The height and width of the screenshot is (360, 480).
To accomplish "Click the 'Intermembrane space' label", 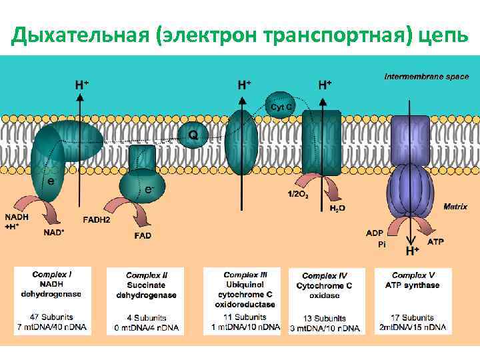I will (x=426, y=77).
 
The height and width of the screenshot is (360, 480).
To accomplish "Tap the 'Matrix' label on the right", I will (x=456, y=207).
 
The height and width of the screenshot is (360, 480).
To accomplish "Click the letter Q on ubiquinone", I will (x=193, y=135).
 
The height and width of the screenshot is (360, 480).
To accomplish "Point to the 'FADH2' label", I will (x=97, y=219).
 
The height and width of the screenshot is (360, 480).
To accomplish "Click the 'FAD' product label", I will (x=143, y=235).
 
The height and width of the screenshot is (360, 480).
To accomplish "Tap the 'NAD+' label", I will (x=54, y=233).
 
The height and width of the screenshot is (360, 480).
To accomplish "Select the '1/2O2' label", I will (x=298, y=194).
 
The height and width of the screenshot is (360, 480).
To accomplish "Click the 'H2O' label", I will (x=338, y=209).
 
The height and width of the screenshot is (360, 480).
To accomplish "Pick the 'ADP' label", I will (x=375, y=233).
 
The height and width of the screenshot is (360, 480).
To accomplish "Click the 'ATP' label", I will (x=435, y=241).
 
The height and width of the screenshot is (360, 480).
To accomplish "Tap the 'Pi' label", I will (x=382, y=245).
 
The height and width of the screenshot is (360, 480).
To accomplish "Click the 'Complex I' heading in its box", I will (x=52, y=274).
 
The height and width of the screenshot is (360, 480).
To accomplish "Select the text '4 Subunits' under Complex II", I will (x=147, y=318).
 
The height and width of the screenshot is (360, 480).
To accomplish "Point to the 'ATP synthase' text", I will (x=413, y=285).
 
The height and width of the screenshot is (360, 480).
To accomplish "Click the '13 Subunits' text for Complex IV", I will (x=326, y=318).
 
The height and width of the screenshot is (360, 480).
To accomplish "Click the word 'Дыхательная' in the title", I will (x=80, y=34).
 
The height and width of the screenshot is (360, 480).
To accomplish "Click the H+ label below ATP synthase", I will (x=413, y=251).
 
